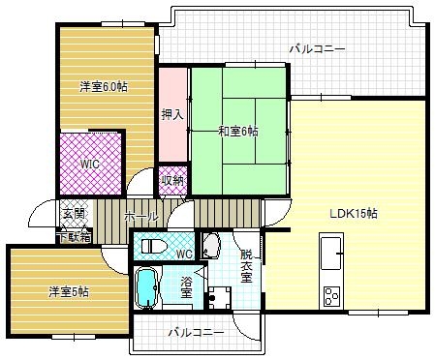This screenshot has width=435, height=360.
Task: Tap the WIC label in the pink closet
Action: [89, 164]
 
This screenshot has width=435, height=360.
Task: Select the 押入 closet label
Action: [172, 112]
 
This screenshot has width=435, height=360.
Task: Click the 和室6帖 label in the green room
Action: [237, 131]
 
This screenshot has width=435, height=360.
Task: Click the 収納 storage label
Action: [172, 180]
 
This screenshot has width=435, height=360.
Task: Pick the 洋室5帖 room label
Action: [70, 290]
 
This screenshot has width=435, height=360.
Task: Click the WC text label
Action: [184, 255]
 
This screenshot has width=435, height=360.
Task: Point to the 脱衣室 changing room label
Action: [246, 266]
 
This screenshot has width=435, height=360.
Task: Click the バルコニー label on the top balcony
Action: [317, 47]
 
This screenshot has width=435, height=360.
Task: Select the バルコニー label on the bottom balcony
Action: [195, 332]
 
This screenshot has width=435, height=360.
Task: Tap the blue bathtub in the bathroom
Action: [146, 287]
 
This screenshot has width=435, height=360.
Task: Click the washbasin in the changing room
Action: [213, 245]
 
